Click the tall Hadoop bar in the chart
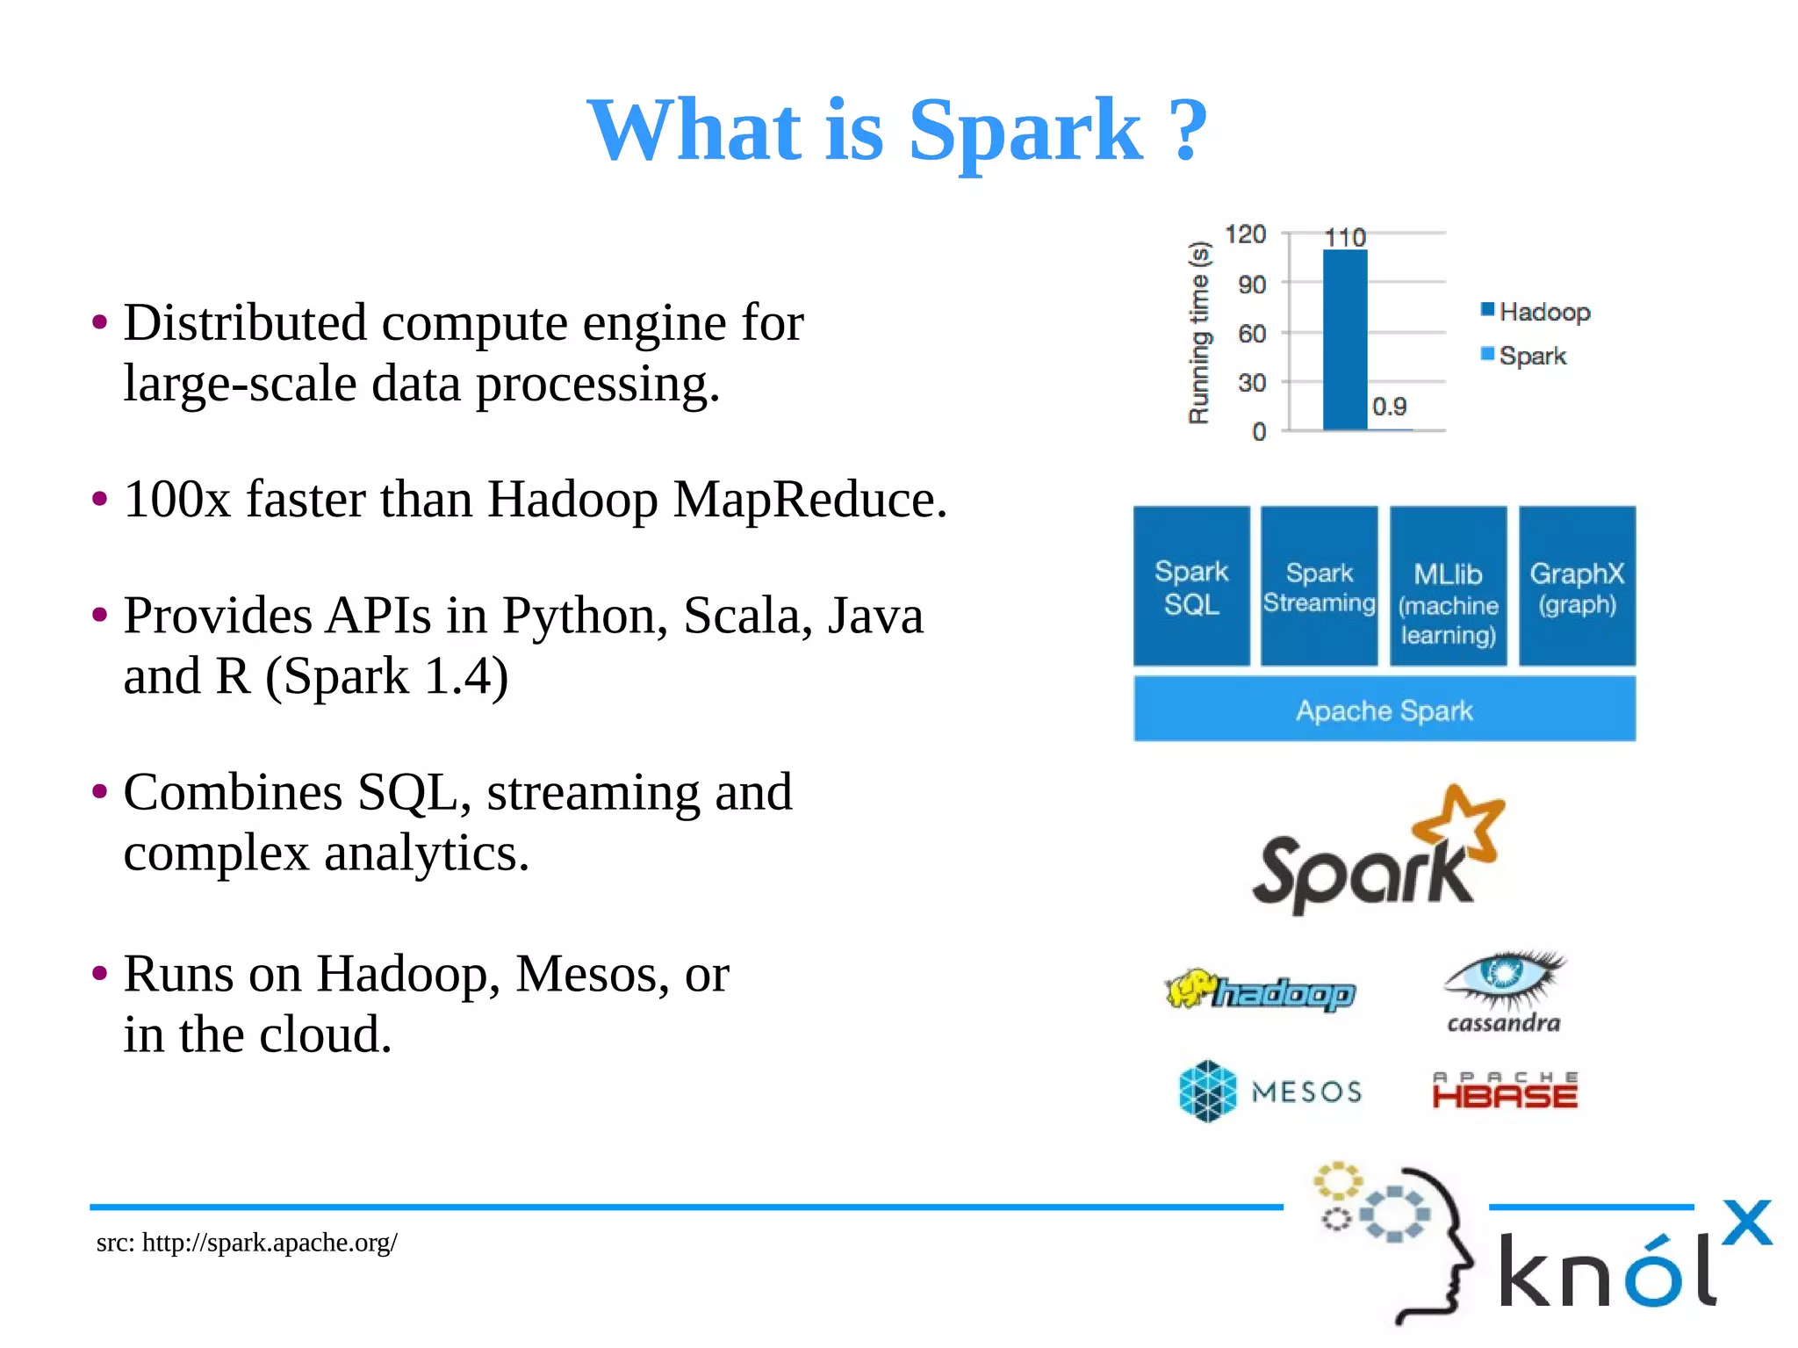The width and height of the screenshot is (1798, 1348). tap(1344, 340)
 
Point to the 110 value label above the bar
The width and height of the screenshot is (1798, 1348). tap(1344, 237)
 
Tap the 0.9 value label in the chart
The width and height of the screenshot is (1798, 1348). tap(1389, 407)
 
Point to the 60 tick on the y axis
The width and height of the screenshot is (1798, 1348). tap(1252, 334)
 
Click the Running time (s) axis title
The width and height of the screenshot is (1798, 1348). tap(1198, 333)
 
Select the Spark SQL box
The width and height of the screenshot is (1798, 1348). tap(1190, 587)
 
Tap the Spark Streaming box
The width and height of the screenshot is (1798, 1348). tap(1319, 587)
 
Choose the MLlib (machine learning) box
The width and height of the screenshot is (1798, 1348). tap(1448, 587)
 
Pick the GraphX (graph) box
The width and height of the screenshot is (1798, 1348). tap(1577, 587)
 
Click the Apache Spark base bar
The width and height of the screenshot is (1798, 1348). tap(1384, 710)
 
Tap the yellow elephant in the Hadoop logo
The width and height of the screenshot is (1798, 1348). tap(1190, 989)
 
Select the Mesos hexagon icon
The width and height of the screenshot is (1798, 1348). tap(1207, 1091)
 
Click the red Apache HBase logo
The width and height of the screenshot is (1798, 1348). tap(1505, 1091)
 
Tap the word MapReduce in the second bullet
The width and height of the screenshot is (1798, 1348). tap(809, 500)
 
